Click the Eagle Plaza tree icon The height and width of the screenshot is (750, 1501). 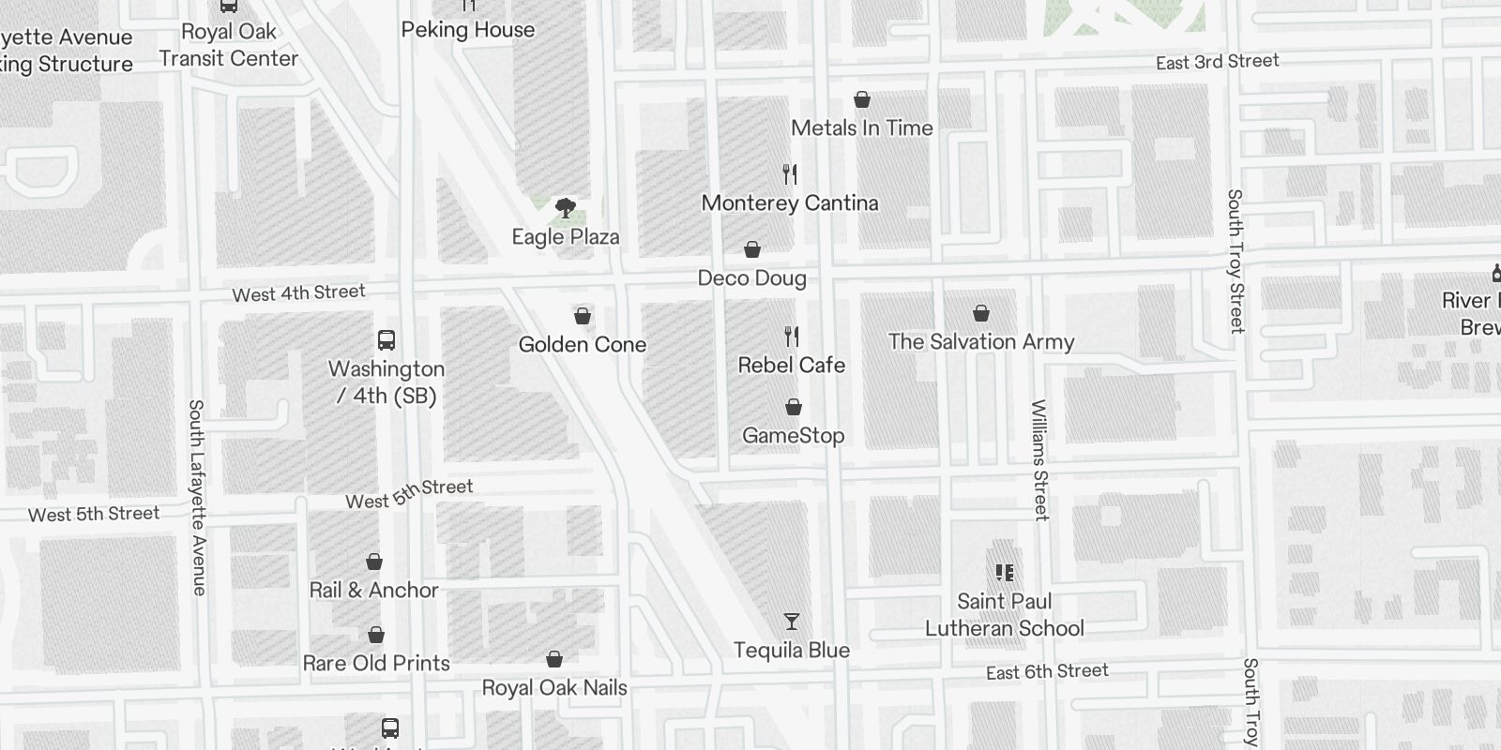[565, 207]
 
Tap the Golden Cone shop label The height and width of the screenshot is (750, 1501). [583, 345]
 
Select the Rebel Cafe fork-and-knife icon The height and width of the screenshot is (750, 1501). [792, 336]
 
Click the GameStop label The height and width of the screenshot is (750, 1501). [793, 436]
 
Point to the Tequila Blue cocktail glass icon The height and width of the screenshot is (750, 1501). [792, 622]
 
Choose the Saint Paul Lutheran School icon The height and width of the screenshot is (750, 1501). [1004, 572]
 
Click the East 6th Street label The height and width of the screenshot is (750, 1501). [1047, 672]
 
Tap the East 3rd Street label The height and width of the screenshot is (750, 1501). [1217, 62]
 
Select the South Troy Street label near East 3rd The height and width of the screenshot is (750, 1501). [1236, 261]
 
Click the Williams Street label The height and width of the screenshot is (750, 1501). [1039, 459]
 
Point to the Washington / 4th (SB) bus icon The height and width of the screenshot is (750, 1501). [387, 339]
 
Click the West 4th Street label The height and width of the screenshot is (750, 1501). [298, 292]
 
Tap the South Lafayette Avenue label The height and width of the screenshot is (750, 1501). [197, 497]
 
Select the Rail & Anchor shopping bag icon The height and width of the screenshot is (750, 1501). [374, 562]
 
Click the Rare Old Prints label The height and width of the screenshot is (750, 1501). [376, 664]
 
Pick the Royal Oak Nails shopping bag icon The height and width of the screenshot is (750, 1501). [554, 659]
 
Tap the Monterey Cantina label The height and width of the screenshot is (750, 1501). [790, 203]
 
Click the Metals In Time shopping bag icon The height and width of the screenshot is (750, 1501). [862, 99]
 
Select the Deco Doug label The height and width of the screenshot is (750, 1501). [751, 278]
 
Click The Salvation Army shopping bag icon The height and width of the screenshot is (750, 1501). [981, 313]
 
